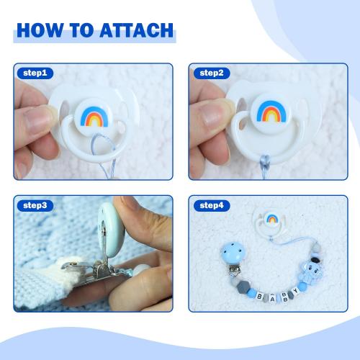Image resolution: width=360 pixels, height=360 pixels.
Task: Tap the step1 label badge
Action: pos(34,73)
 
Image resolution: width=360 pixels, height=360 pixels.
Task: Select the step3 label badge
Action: pos(34,205)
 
